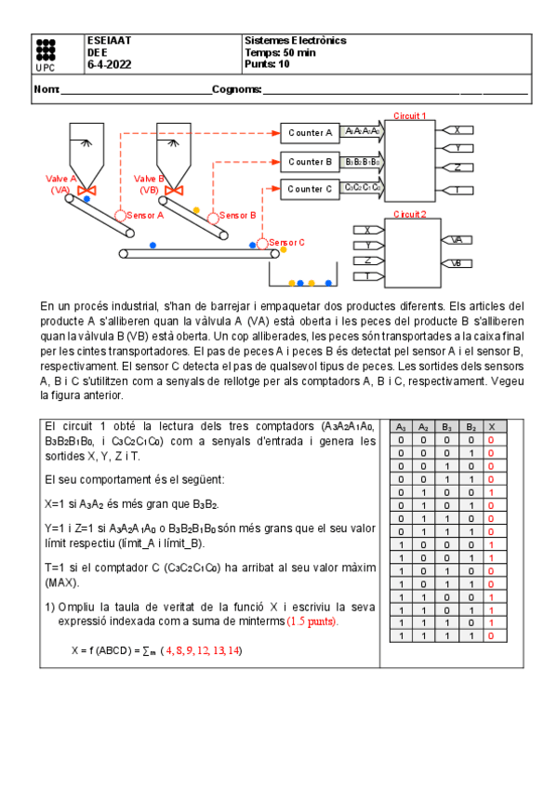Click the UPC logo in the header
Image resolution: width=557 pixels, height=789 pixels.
44,55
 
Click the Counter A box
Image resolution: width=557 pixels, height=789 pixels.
310,133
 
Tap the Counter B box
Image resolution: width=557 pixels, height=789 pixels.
310,162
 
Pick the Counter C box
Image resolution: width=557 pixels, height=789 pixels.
310,189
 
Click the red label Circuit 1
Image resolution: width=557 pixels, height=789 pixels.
410,116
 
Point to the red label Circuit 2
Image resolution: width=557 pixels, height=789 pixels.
410,214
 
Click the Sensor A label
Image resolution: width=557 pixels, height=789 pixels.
146,215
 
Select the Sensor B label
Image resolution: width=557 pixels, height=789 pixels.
238,215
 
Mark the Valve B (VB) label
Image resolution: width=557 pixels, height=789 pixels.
149,183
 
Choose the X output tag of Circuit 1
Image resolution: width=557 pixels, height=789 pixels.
458,130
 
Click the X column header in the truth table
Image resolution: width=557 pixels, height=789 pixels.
490,426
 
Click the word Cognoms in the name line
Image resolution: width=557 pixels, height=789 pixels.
236,90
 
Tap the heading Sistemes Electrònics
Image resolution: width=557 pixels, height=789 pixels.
295,41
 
